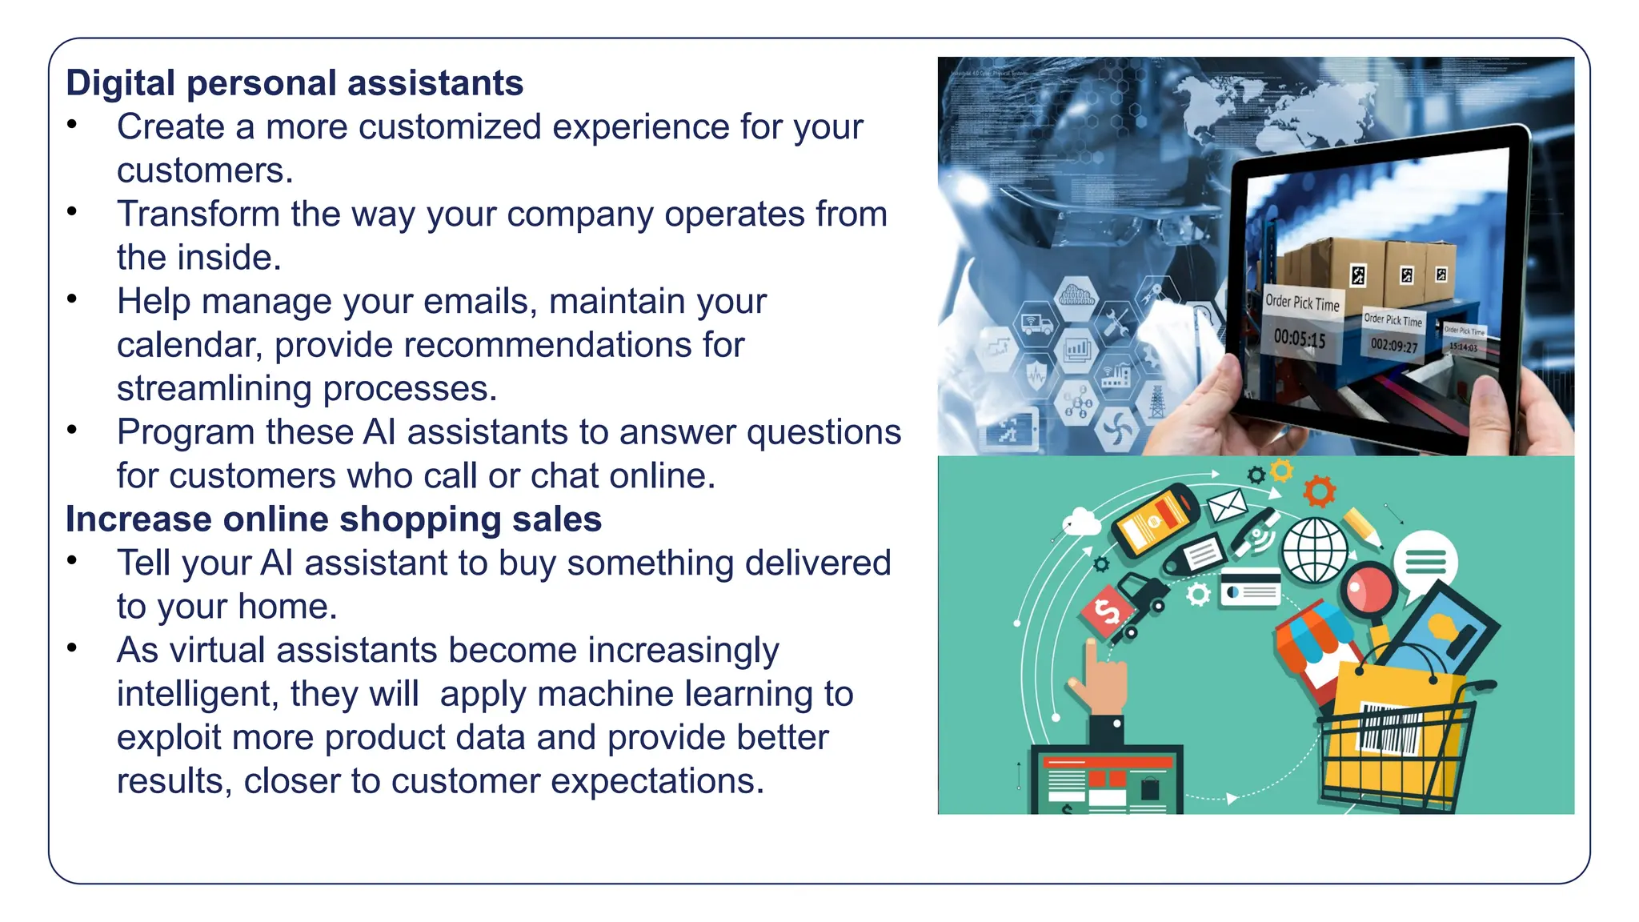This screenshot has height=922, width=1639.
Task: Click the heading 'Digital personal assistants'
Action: click(295, 83)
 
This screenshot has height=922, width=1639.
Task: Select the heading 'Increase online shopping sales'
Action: click(333, 519)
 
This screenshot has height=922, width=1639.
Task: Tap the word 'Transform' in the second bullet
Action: click(198, 214)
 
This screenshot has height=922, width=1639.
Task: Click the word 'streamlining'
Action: click(214, 389)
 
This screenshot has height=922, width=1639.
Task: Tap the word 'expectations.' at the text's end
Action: click(658, 781)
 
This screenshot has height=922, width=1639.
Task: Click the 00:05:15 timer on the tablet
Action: click(1300, 339)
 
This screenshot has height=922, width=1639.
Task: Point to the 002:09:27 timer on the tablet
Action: click(1394, 346)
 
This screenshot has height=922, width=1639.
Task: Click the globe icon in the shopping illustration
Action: click(1314, 551)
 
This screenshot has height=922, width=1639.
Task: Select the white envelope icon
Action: click(1227, 506)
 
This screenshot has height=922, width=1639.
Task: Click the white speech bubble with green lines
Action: click(1425, 562)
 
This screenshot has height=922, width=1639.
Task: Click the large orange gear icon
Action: click(1319, 491)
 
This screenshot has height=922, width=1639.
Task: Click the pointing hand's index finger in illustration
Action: click(1091, 657)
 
